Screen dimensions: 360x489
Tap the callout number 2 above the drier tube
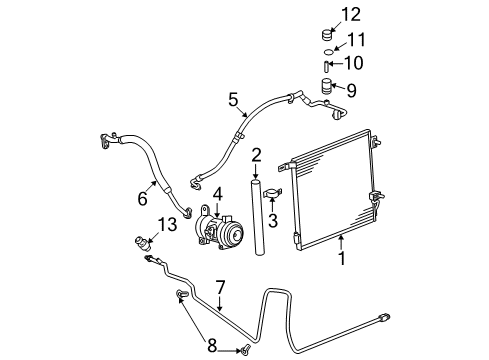click(256, 154)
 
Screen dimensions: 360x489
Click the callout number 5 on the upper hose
click(233, 99)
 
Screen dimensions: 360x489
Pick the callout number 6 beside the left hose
click(142, 198)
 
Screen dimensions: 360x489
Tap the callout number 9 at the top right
click(351, 89)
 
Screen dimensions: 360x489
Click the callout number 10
click(351, 63)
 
